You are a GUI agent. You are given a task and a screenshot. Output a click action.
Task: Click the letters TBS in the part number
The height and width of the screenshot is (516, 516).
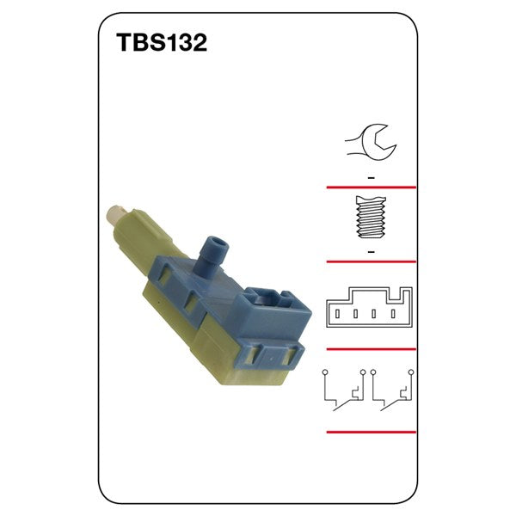coord(136,44)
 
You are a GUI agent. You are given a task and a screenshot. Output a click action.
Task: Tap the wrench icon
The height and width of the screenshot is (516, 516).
coord(370,142)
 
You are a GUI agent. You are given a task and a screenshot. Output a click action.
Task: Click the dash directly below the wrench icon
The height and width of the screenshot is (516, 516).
coord(371,176)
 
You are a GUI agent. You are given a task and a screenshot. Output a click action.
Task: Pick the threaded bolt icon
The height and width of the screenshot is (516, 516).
coord(370,218)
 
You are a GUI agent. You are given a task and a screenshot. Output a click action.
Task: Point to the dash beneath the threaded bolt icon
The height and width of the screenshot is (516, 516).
coord(371,250)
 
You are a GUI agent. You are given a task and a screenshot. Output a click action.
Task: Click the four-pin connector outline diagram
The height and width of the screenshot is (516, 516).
coord(370,306)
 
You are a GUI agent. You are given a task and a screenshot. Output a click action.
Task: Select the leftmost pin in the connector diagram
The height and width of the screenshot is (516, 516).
coord(339,315)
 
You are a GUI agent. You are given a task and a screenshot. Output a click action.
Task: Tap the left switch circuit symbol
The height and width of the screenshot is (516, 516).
coord(343,390)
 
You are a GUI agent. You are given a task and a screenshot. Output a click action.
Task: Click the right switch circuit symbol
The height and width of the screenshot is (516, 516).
coord(394,390)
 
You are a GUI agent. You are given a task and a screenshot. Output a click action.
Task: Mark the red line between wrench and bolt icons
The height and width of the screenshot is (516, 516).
coord(371,187)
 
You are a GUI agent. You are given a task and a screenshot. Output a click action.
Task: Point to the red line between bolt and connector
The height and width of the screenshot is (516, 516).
coord(371,261)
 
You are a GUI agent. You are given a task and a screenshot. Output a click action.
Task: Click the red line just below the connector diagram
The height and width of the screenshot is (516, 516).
coord(371,349)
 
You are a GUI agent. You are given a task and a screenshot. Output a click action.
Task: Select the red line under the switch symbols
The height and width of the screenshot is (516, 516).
coord(371,432)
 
